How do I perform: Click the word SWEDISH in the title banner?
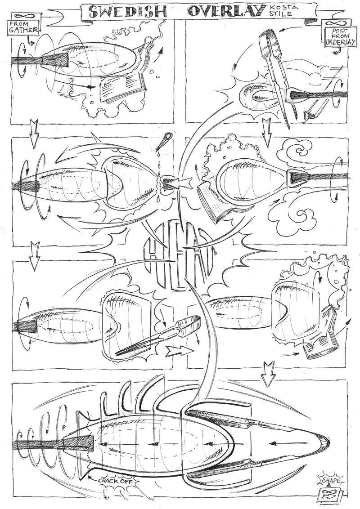129,12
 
